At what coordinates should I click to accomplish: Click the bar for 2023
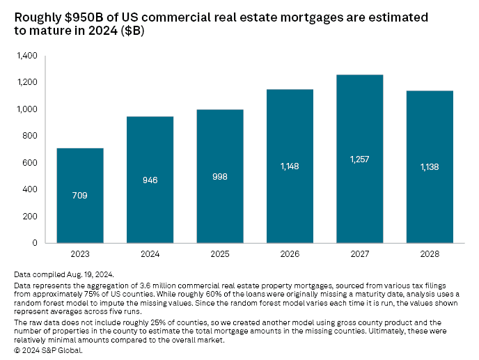coord(80,196)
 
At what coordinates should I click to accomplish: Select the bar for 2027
coord(359,159)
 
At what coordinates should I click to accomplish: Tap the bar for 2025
coord(219,177)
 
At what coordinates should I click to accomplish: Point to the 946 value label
coord(150,180)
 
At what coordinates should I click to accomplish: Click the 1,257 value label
coord(359,159)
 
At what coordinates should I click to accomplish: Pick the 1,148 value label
coord(290,166)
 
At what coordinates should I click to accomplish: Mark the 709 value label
coord(80,196)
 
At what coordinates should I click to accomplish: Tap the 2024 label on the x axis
coord(150,255)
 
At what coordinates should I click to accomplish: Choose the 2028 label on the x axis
coord(429,255)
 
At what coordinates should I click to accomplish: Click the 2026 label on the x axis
coord(290,255)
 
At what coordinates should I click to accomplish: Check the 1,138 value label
coord(429,167)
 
